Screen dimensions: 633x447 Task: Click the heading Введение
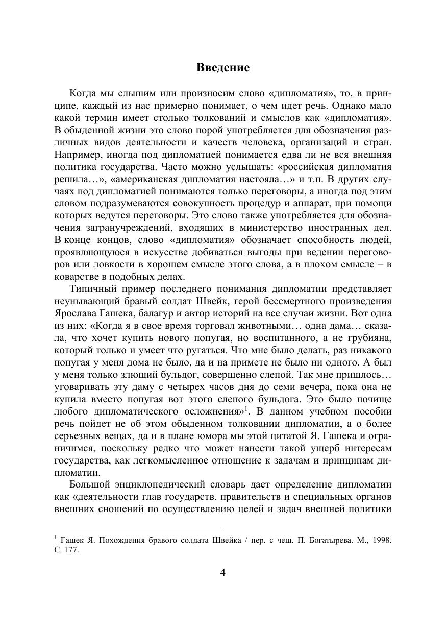pos(223,68)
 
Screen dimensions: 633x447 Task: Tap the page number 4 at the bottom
pos(223,572)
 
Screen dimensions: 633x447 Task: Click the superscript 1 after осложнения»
pos(245,409)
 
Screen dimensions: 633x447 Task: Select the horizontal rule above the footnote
pos(145,530)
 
